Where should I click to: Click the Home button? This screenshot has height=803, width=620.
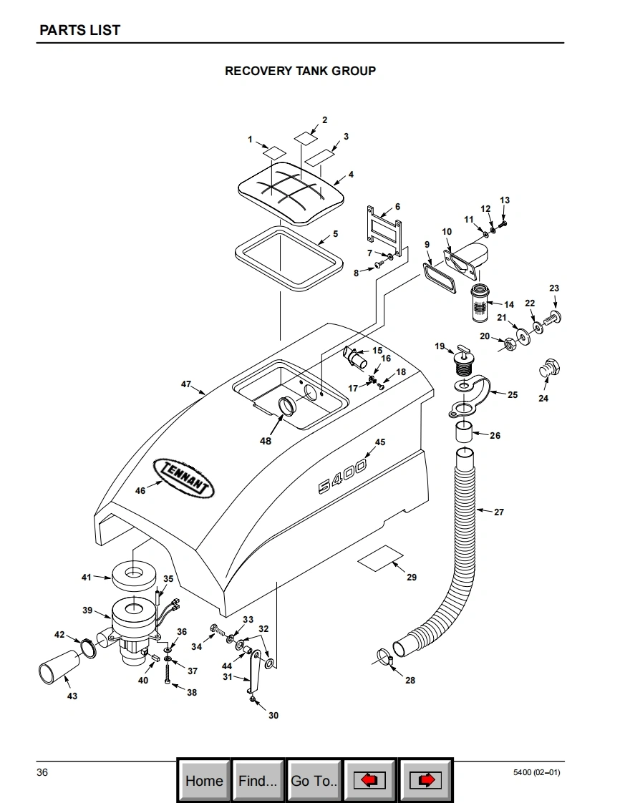[x=204, y=780]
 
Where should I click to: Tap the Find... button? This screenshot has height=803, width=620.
[x=258, y=780]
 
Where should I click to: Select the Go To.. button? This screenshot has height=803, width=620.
[x=314, y=780]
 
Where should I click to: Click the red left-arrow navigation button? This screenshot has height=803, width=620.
[x=369, y=780]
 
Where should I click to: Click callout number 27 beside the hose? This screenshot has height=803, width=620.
[x=499, y=512]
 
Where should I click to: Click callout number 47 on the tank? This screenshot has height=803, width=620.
[x=186, y=384]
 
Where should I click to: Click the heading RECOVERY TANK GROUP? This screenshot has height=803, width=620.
[x=300, y=71]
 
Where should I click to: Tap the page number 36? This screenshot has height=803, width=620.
[x=42, y=772]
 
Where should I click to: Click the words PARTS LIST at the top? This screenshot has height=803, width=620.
[x=79, y=30]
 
